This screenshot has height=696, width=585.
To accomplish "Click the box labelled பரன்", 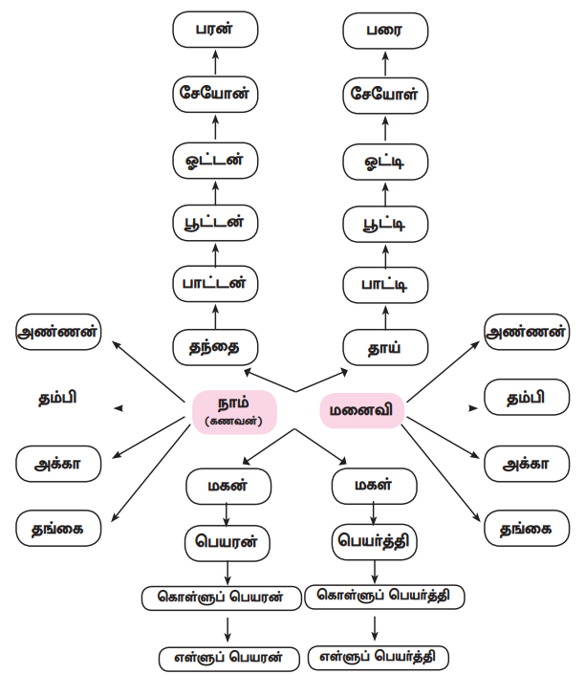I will point(215,30).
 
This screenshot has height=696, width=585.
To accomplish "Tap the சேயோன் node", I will point(215,94).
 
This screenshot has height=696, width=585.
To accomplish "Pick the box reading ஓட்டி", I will point(385,161).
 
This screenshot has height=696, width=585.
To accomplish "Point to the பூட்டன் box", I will point(215,222).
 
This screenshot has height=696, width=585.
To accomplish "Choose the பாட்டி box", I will point(385,285).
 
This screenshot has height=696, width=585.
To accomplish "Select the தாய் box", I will point(385,347).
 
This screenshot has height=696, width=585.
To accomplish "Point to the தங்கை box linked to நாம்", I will point(59,528).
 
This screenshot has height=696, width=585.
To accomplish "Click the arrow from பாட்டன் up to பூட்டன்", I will point(215,253).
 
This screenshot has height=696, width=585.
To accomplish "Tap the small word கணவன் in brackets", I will point(234,422).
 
